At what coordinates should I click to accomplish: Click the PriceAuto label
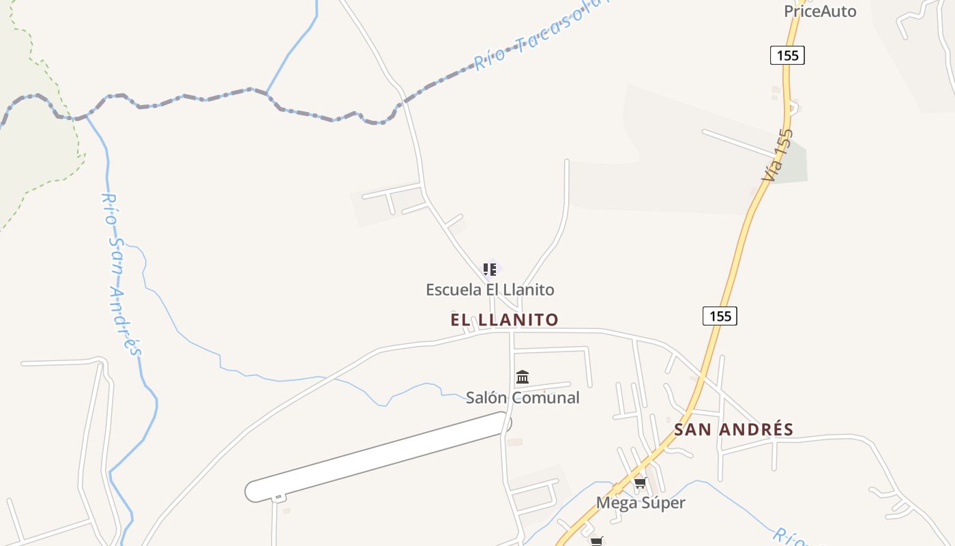click(819, 11)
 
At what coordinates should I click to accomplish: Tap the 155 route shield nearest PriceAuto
click(787, 55)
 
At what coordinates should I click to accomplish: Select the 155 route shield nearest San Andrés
click(720, 315)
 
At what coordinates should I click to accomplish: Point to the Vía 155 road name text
click(778, 156)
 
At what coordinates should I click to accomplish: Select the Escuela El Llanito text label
click(490, 289)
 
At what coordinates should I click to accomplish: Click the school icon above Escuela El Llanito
click(489, 269)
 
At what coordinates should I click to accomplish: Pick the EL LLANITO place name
click(504, 319)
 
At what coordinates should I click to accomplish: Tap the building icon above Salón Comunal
click(523, 377)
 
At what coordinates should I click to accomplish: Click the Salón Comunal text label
click(523, 397)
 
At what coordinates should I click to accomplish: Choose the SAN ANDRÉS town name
click(733, 429)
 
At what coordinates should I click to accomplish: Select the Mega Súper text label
click(641, 503)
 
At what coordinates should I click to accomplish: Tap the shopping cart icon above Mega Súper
click(640, 484)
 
